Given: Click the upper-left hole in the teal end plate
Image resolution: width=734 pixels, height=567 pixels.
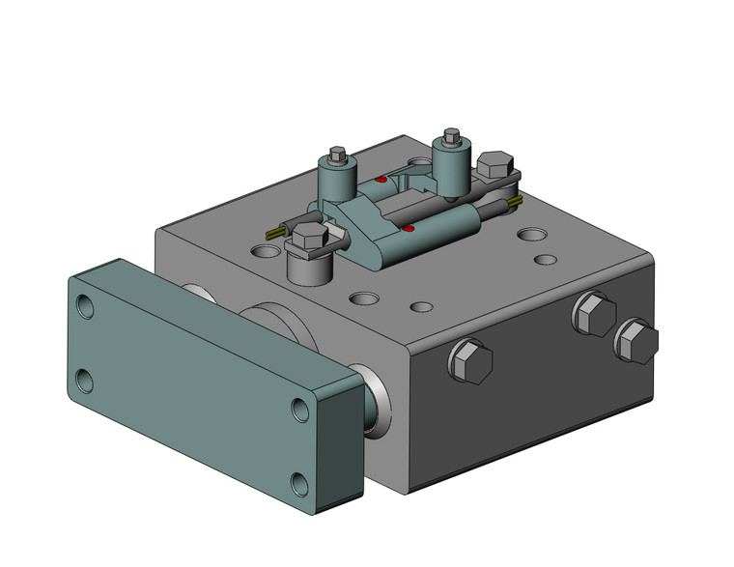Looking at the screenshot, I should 88,308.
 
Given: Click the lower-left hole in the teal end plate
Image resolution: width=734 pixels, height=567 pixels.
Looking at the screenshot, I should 84,381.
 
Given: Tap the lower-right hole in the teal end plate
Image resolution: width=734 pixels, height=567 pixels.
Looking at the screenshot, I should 297,482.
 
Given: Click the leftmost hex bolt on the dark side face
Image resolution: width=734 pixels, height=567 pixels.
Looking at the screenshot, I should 470,361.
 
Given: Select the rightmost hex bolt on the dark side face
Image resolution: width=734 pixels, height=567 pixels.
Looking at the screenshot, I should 635,342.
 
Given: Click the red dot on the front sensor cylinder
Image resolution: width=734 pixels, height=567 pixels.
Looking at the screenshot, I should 409,229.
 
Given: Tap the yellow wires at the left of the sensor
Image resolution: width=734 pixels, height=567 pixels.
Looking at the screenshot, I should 275,233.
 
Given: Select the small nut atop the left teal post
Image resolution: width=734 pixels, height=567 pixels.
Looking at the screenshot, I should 337,155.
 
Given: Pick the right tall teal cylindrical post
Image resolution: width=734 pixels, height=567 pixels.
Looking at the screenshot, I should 451,163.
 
